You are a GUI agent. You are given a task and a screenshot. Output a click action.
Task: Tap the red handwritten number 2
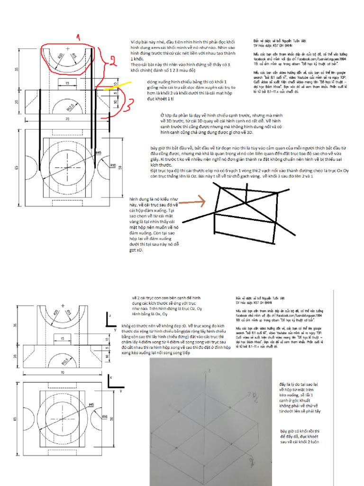coord(108,60)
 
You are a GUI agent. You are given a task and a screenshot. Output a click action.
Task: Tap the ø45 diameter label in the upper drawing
coord(99,153)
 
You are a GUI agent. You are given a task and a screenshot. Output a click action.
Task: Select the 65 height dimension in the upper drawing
coord(17,168)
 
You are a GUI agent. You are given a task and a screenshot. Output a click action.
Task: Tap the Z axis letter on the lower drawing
coord(109,315)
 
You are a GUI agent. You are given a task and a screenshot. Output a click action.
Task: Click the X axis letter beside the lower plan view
coord(110,376)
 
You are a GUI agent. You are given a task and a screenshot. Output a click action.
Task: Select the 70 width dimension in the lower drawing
coord(63,374)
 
